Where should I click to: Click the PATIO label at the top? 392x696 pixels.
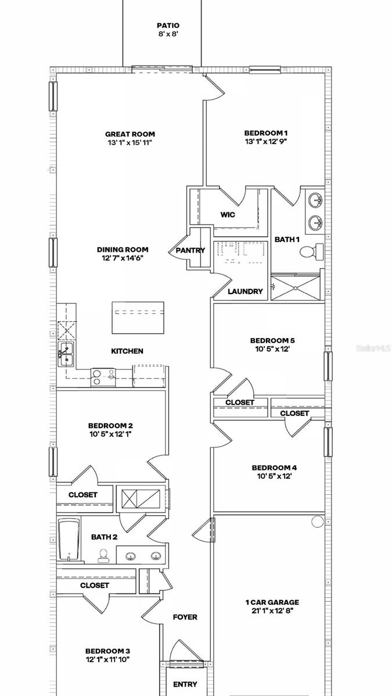click(x=168, y=26)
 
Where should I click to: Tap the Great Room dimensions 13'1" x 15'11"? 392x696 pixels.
click(x=130, y=143)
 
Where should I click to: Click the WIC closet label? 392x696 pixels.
click(x=228, y=215)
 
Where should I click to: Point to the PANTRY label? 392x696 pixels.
click(x=190, y=251)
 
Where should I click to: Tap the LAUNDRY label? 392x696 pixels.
click(x=245, y=291)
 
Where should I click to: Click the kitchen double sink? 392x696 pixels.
click(x=65, y=353)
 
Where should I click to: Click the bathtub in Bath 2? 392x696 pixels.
click(x=68, y=540)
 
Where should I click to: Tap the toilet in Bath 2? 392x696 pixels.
click(x=103, y=556)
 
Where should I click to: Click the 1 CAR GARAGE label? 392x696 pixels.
click(x=272, y=603)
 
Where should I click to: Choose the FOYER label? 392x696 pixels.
click(x=185, y=617)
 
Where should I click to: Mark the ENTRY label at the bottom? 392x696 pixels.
click(x=185, y=684)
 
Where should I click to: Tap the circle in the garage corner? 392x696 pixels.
click(x=317, y=521)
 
